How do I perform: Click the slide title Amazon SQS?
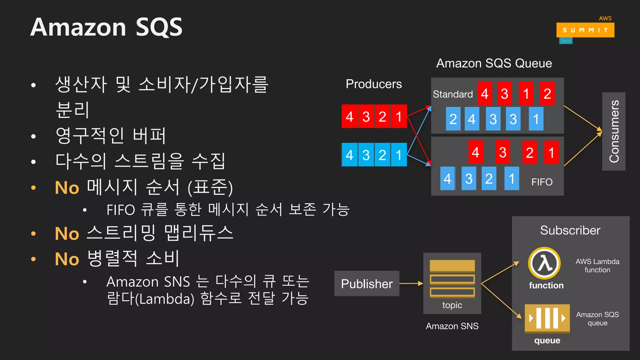click(106, 27)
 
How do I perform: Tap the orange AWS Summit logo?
click(585, 30)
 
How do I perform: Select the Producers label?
click(374, 84)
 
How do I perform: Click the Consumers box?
click(613, 131)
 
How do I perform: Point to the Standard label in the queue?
click(452, 94)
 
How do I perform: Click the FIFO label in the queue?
click(542, 182)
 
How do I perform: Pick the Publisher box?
click(367, 283)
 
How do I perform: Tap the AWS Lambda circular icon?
click(544, 263)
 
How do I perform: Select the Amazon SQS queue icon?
click(547, 318)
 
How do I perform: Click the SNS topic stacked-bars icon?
click(452, 278)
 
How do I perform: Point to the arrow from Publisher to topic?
click(411, 283)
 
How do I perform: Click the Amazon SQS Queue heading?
click(494, 63)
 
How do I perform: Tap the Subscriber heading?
click(570, 230)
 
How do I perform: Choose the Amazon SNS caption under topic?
click(452, 326)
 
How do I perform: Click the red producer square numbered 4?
click(350, 117)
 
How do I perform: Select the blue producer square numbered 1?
click(399, 155)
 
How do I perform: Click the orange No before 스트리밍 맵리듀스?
click(67, 234)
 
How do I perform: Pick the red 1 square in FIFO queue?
click(551, 152)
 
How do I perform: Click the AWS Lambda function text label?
click(597, 266)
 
